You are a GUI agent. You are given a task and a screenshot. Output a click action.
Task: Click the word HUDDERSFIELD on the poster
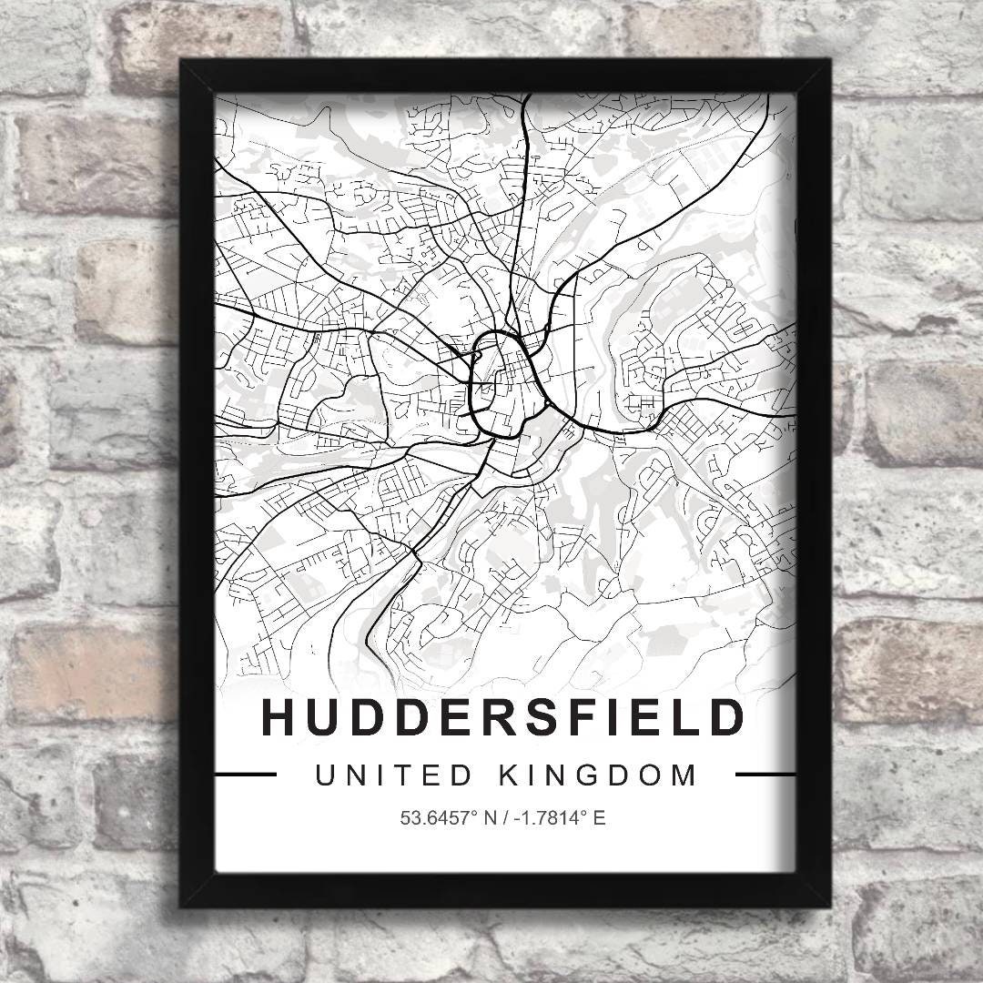(502, 717)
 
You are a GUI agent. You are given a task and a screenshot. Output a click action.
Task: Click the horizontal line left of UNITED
(245, 775)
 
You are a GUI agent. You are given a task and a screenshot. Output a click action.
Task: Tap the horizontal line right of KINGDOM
(765, 775)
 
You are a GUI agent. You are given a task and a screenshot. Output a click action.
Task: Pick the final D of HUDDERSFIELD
(726, 717)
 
